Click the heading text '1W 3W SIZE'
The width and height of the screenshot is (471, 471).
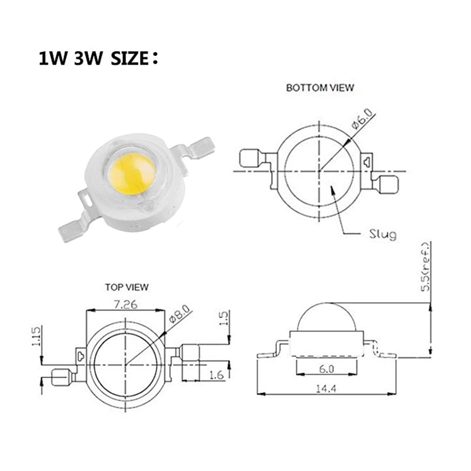click(98, 59)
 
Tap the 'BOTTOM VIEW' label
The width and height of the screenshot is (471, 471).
click(320, 88)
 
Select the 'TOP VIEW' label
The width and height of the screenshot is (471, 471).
click(127, 287)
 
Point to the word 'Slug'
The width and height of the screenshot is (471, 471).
click(383, 234)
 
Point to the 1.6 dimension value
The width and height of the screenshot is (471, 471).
click(217, 374)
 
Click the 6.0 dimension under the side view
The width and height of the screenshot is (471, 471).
click(327, 369)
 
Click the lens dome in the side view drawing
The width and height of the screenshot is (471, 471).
click(326, 318)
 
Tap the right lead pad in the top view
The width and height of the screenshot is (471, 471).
click(192, 354)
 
